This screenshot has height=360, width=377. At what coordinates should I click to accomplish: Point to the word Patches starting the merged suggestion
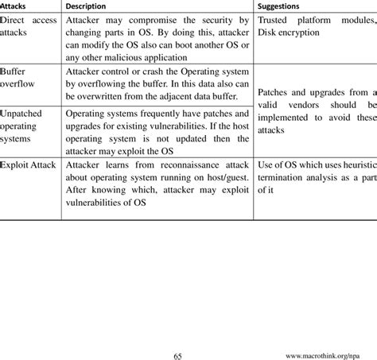tap(277, 94)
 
